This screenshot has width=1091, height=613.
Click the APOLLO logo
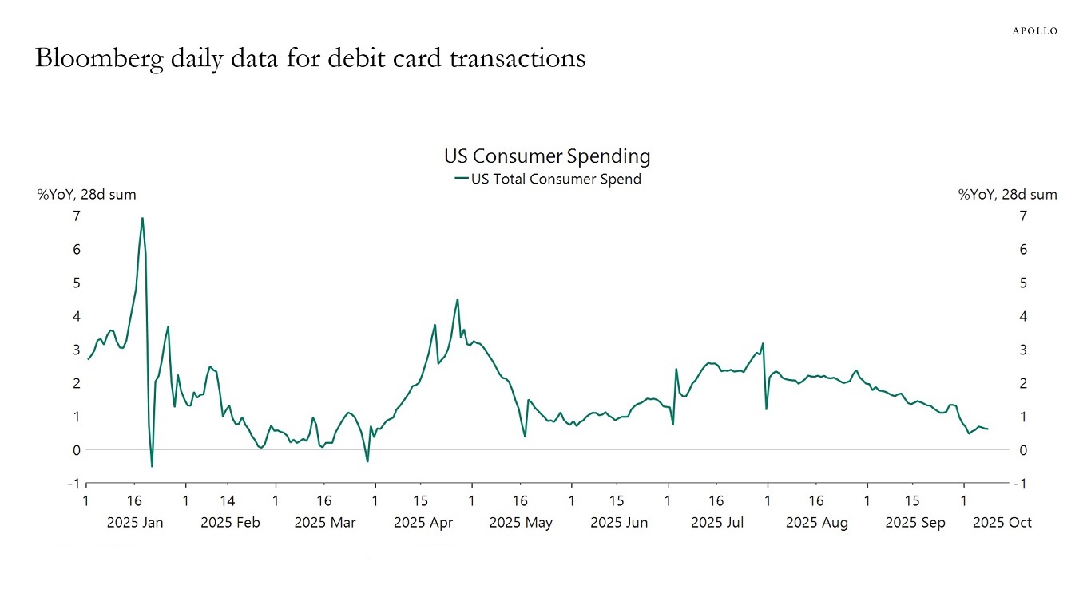coord(1034,30)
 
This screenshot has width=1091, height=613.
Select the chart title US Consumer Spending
coord(546,156)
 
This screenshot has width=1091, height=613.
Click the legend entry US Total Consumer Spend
coord(556,179)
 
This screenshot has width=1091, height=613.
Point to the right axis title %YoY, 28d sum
coord(1007,195)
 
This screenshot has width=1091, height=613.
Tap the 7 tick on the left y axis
coord(76,216)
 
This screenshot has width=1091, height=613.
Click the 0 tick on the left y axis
coord(76,450)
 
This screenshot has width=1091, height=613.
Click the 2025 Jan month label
coord(135,523)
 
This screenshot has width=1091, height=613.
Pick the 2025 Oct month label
coord(1002,523)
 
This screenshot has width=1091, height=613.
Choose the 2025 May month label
coord(521,523)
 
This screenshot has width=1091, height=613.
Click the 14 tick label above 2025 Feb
coord(228,501)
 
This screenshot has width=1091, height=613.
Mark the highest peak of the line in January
coord(142,218)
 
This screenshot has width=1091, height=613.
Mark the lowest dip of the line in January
coord(152,466)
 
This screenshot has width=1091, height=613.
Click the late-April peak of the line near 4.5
coord(457,299)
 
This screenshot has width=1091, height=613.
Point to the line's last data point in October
coord(988,429)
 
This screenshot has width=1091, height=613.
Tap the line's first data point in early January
coord(88,359)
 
